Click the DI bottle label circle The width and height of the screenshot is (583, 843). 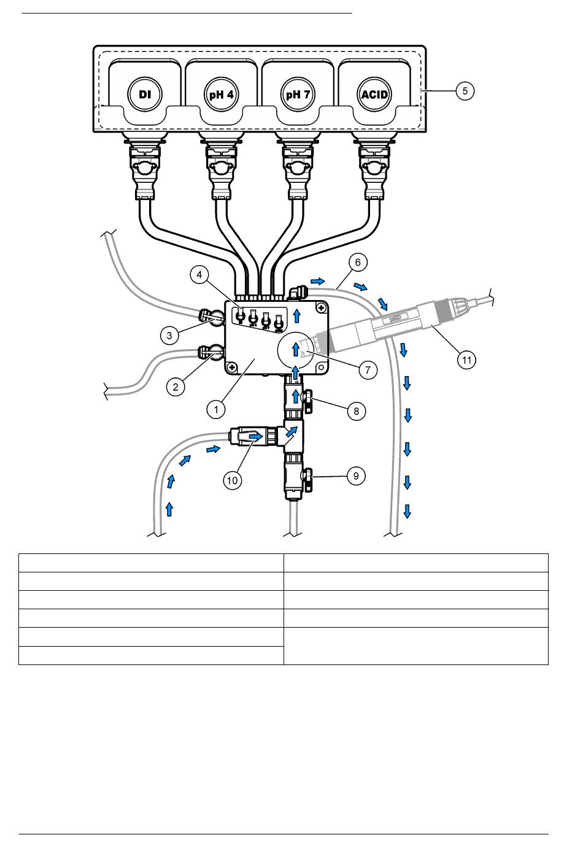click(x=145, y=95)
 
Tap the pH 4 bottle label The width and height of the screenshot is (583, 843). click(x=221, y=95)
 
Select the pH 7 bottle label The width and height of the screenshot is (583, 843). click(x=298, y=95)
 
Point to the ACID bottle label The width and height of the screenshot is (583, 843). click(x=374, y=95)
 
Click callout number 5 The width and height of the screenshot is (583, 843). click(x=465, y=91)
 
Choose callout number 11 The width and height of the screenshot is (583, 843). click(x=466, y=360)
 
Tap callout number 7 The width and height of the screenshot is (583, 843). click(x=368, y=370)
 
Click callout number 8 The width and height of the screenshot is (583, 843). click(x=356, y=410)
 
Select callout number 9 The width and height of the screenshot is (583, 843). click(x=356, y=475)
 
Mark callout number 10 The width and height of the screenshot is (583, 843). click(x=232, y=480)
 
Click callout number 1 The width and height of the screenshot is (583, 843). click(x=216, y=409)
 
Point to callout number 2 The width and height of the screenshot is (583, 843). click(x=176, y=387)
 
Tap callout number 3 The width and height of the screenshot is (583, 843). click(x=170, y=335)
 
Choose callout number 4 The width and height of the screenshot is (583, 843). click(x=199, y=274)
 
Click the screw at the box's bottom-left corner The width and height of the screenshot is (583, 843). click(x=233, y=367)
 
